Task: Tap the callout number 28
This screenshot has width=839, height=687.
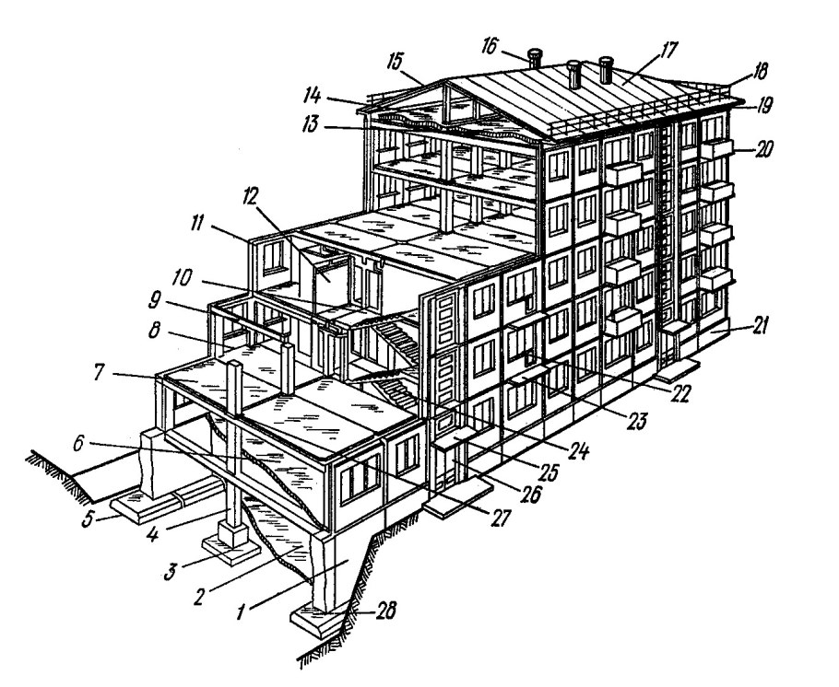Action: pos(384,610)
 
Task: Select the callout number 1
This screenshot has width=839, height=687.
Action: pos(242,611)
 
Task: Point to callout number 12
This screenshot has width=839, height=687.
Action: pos(250,197)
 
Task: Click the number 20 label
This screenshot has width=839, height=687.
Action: pos(762,148)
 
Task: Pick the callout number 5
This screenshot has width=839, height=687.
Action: pos(88,518)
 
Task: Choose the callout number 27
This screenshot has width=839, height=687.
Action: pos(501,517)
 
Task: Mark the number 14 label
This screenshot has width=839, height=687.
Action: pos(311,96)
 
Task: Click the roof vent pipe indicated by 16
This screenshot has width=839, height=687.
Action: pos(534,58)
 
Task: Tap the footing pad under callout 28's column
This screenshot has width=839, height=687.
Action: pos(314,620)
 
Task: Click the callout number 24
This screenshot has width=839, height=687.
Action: pos(578,450)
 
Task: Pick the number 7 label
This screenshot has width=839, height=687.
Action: pos(99,373)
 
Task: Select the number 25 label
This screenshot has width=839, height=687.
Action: pos(548,472)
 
